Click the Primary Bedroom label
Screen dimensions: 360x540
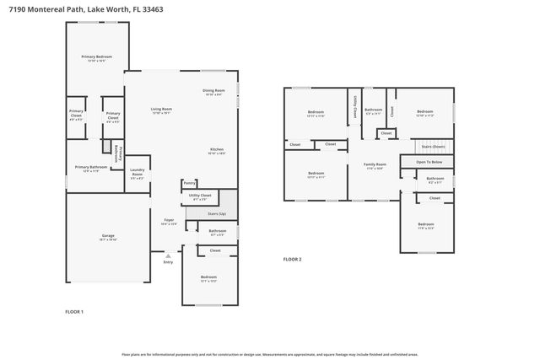click(97, 57)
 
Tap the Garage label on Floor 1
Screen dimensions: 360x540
click(108, 236)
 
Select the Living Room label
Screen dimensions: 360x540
click(161, 109)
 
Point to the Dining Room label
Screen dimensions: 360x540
click(213, 91)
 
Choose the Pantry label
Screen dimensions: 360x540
click(189, 182)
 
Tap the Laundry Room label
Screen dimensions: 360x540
click(137, 175)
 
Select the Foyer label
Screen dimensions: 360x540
click(169, 222)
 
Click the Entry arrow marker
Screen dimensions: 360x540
click(168, 255)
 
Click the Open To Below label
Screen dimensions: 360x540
click(429, 162)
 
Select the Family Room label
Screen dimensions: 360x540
click(375, 165)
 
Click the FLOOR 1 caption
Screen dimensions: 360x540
click(74, 312)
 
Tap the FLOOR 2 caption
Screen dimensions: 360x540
click(292, 259)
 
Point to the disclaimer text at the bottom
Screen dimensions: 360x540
click(269, 355)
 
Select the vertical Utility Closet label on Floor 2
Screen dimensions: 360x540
click(354, 108)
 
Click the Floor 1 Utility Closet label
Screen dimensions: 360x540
click(200, 196)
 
